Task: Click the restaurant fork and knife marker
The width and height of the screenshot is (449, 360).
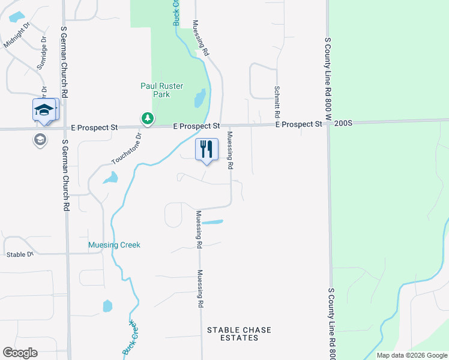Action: (x=206, y=149)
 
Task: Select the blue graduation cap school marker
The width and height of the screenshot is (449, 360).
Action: (x=44, y=110)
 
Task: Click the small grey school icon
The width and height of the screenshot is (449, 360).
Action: (x=40, y=140)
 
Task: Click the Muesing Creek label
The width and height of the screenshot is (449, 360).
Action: (x=114, y=245)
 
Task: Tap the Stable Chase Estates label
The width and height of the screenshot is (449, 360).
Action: (x=239, y=334)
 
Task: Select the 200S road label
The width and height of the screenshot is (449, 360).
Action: (x=342, y=124)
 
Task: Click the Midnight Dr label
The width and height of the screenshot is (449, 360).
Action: (x=17, y=37)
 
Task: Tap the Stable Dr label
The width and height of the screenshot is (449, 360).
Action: (x=19, y=254)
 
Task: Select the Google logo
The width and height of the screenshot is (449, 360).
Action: (x=20, y=353)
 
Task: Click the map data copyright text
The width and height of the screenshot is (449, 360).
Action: (x=411, y=355)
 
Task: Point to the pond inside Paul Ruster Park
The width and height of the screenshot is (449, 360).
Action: (x=200, y=98)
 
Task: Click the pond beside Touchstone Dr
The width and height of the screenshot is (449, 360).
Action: (x=110, y=178)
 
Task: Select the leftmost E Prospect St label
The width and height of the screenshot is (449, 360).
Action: (x=95, y=128)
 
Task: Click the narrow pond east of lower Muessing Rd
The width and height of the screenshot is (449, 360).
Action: (x=212, y=223)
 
